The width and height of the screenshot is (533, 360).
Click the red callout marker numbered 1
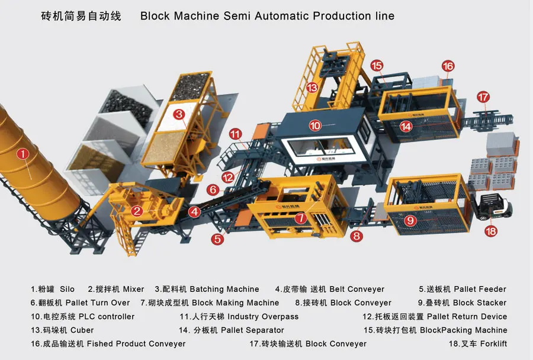[23, 155]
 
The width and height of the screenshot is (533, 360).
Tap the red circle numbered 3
[179, 114]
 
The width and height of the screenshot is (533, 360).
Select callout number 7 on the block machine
[300, 218]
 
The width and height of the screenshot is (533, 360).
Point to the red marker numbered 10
[315, 126]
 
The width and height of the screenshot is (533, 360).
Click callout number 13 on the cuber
[312, 88]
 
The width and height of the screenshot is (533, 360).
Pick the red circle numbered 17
[483, 97]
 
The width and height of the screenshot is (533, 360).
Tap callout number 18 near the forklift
[491, 232]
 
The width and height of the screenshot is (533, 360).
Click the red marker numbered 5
[217, 239]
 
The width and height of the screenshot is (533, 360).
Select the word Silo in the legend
[67, 290]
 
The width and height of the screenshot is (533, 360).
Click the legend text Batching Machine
[224, 290]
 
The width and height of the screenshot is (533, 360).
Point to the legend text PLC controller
[107, 317]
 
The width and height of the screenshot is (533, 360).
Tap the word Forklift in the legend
[493, 343]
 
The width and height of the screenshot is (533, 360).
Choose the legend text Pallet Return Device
[467, 317]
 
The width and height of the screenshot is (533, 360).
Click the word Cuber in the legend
[82, 330]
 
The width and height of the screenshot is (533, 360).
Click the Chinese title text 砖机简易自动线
[81, 16]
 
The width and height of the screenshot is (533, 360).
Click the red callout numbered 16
[448, 66]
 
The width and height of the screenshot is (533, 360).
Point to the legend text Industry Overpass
[263, 317]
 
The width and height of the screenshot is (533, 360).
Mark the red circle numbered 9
[410, 221]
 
